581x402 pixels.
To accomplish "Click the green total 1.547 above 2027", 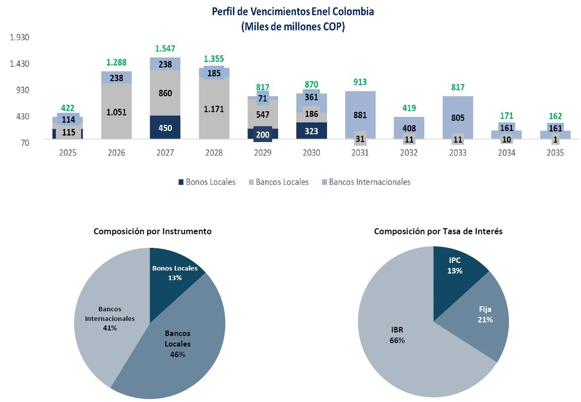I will point(165,49).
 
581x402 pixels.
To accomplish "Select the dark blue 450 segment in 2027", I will point(165,127).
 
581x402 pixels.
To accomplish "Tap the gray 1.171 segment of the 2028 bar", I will point(214,108).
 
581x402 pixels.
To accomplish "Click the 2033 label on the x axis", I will point(458,153).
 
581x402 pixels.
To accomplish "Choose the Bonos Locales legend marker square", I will point(180,182).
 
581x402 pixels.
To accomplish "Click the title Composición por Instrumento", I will point(152,231).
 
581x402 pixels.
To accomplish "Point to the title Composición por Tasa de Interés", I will point(438,231).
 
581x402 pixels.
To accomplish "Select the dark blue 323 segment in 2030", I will point(311,130).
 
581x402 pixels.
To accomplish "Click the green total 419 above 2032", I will point(409,108).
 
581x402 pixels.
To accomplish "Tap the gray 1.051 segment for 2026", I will point(116,112).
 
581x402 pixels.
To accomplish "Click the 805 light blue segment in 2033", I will point(458,118).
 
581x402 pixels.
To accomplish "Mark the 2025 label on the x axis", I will point(68,153).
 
